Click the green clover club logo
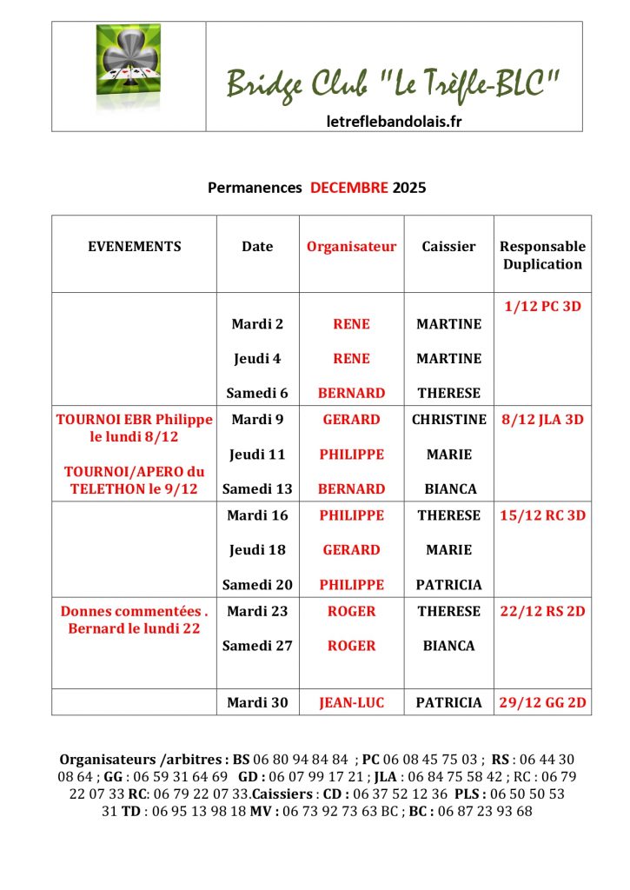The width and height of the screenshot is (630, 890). (128, 76)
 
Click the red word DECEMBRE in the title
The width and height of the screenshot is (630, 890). (349, 187)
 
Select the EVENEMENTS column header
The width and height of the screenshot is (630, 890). (135, 247)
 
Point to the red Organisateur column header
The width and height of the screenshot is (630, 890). (351, 247)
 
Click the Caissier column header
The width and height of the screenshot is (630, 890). (448, 247)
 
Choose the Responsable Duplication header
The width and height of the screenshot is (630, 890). (542, 256)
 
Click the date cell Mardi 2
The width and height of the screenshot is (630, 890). (257, 324)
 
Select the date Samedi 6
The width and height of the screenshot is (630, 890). (257, 393)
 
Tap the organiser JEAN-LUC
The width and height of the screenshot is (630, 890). (351, 702)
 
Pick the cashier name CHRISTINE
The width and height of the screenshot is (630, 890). (448, 420)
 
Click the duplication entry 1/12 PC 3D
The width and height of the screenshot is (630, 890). (542, 306)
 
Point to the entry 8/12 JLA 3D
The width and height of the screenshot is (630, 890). (542, 420)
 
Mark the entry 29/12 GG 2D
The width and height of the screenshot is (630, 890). (542, 702)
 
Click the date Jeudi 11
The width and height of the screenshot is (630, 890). (257, 455)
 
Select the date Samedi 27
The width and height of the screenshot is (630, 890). (257, 646)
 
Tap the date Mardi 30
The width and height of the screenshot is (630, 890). (257, 702)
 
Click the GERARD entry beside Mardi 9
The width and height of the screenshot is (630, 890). (351, 420)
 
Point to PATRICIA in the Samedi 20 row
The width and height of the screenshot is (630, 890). (448, 585)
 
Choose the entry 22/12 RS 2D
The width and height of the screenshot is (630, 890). (542, 611)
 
